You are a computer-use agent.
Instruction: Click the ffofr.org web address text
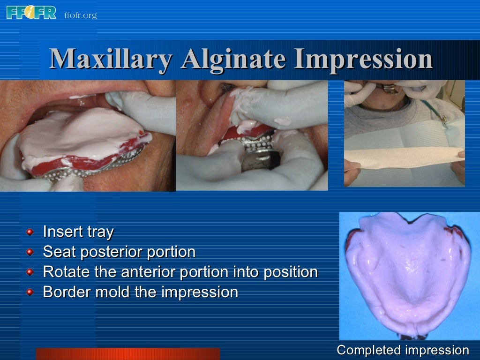point(80,15)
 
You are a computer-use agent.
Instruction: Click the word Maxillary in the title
point(111,60)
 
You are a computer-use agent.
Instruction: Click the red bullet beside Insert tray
point(30,232)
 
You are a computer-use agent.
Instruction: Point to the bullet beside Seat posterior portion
point(30,252)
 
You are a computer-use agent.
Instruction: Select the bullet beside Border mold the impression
point(30,292)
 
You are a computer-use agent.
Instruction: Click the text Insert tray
point(78,232)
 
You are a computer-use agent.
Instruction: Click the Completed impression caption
point(403,350)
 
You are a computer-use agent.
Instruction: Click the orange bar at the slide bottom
point(127,354)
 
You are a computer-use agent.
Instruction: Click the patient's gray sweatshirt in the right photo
point(403,115)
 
